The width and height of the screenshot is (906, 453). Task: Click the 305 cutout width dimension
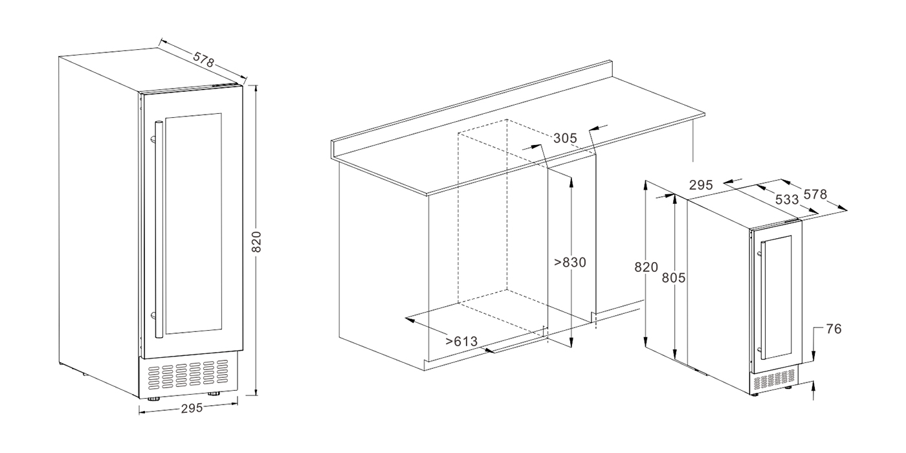(565, 138)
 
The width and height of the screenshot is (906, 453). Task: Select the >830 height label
(570, 263)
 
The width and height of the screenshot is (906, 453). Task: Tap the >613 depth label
(461, 342)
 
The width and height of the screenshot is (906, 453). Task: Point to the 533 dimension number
(787, 199)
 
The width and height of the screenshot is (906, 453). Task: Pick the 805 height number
(674, 278)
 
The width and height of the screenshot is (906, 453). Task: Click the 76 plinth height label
(834, 329)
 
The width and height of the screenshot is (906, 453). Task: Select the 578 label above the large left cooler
(203, 60)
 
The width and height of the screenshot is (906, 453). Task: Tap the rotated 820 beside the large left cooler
(256, 242)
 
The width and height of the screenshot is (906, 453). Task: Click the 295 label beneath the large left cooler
(192, 408)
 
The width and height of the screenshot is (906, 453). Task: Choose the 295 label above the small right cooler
(701, 185)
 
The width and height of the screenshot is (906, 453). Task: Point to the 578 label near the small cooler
(815, 195)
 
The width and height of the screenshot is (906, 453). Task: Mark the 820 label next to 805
(646, 267)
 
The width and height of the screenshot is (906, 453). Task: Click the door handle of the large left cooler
(159, 229)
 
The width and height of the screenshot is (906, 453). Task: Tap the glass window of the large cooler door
(193, 223)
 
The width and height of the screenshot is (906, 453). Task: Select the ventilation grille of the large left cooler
(188, 373)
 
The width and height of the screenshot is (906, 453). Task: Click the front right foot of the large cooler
(213, 394)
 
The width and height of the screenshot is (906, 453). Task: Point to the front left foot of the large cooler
(153, 399)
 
